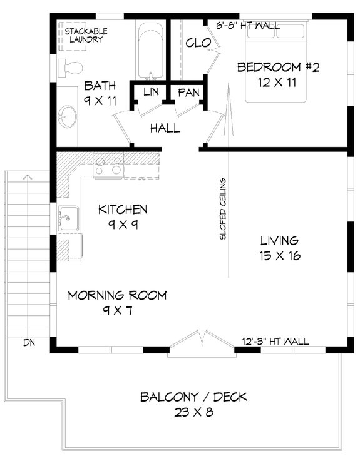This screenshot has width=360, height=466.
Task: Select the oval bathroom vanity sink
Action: [x=66, y=116]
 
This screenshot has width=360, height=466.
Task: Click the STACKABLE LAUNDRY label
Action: [x=87, y=34]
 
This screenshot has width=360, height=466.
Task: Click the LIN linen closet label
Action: [x=151, y=93]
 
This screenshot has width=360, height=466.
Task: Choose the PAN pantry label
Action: [x=188, y=93]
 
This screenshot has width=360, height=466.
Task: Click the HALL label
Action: [x=165, y=129]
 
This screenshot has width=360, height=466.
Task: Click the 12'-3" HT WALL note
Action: [x=275, y=342]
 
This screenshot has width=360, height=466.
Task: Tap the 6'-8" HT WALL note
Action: [x=248, y=26]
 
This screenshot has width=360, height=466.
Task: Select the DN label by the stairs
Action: [x=29, y=342]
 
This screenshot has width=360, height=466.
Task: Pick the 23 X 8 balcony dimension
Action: [x=193, y=412]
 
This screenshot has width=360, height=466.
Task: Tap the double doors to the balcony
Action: [x=200, y=343]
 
